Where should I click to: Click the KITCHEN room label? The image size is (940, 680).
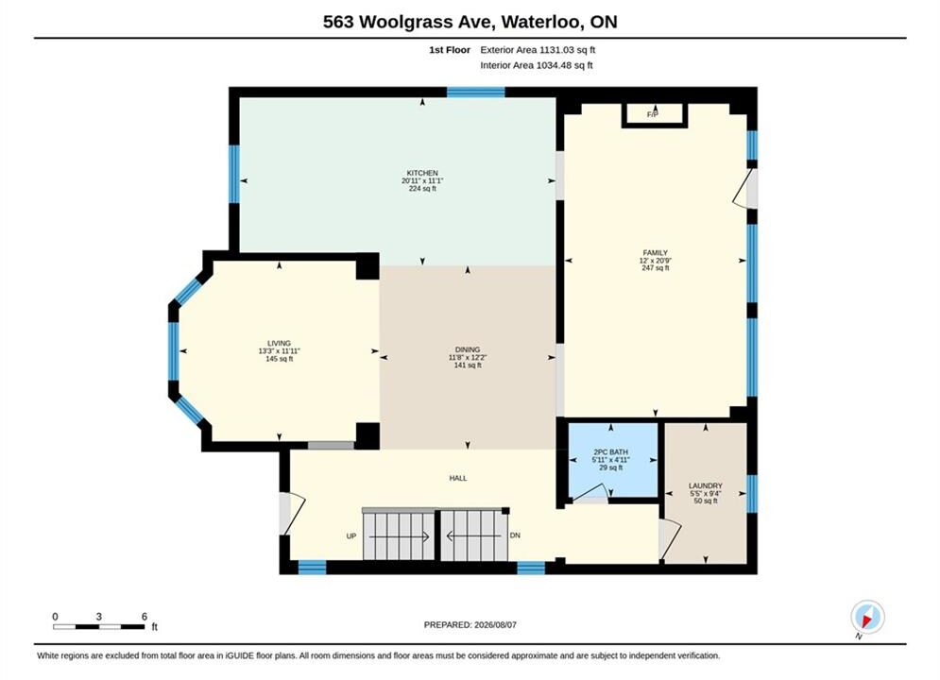422,173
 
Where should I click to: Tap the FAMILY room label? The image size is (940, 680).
656,253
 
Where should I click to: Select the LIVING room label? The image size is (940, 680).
279,343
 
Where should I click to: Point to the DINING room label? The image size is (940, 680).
468,349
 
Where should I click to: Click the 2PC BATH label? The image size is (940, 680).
611,452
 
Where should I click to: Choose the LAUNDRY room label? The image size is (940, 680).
706,485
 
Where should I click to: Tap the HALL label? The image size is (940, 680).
458,478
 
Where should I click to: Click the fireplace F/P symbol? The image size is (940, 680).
654,114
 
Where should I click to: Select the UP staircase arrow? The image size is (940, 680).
399,536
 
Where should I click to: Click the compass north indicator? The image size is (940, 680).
867,617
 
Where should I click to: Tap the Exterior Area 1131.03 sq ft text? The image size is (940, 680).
538,50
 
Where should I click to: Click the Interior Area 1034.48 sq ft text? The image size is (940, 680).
537,65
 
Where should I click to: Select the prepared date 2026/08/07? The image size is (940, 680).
495,625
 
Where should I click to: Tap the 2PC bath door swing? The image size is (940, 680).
590,492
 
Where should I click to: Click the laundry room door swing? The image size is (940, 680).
670,540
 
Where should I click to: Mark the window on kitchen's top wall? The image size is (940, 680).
476,93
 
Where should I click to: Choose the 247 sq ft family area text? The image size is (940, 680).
656,268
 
